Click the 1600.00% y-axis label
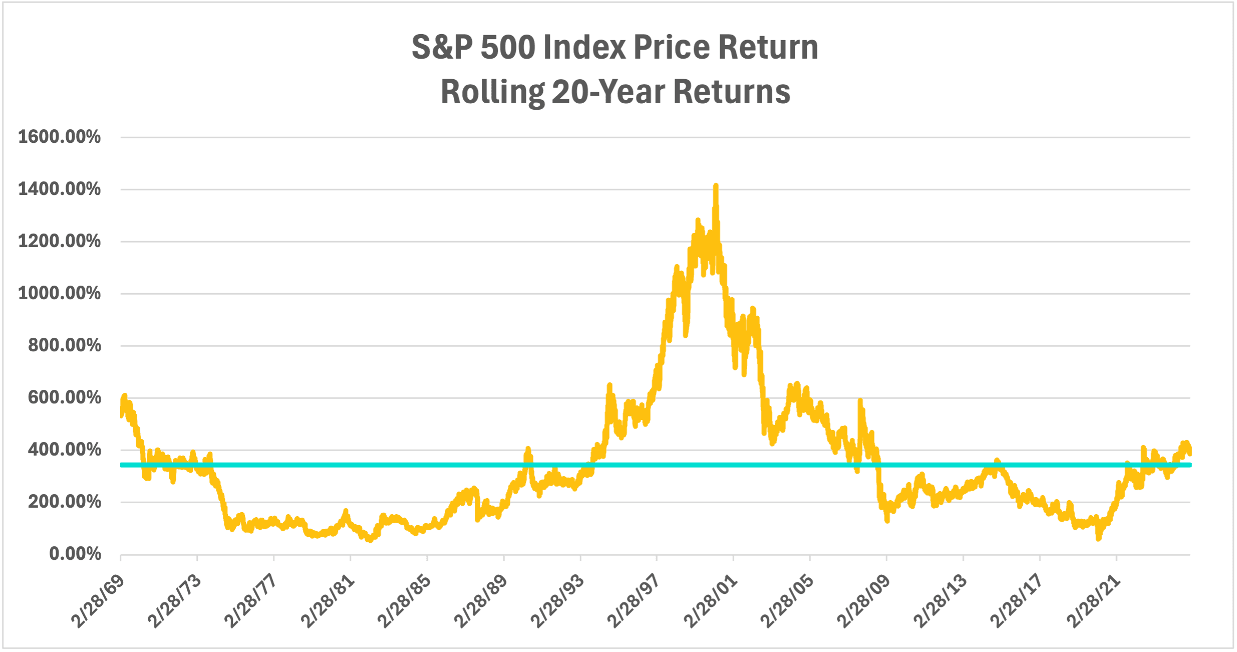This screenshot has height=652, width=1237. [x=59, y=137]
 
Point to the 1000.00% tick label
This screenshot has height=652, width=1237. [x=59, y=293]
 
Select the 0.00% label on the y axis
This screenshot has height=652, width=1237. [x=75, y=554]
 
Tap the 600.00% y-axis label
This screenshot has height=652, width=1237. [x=65, y=397]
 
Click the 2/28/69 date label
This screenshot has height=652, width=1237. [x=98, y=601]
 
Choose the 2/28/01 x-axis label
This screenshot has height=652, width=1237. [x=711, y=601]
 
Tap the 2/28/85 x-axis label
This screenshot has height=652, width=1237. [x=404, y=601]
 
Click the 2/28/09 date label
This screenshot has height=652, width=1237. [x=864, y=601]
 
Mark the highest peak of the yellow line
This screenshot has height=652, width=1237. [x=716, y=185]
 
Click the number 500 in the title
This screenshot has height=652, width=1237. [x=508, y=48]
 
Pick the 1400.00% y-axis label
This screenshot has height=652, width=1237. [x=59, y=189]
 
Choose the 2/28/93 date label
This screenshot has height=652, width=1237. [x=557, y=601]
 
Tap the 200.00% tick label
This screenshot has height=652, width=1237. [x=65, y=502]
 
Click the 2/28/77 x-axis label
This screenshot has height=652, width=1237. [x=251, y=601]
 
